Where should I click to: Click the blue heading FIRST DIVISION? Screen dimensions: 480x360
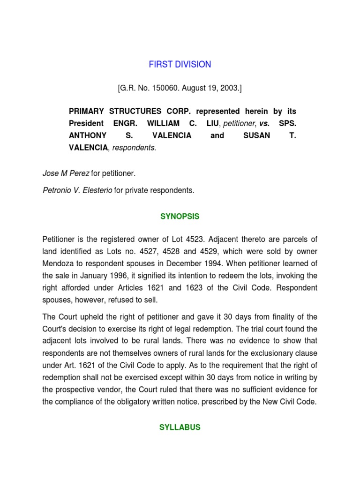pyautogui.click(x=180, y=65)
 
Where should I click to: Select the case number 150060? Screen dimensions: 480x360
pyautogui.click(x=160, y=88)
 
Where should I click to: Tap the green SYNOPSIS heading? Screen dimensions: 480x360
pyautogui.click(x=180, y=217)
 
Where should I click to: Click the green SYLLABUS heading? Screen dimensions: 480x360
pyautogui.click(x=180, y=427)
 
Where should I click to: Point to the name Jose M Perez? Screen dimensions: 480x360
pyautogui.click(x=66, y=173)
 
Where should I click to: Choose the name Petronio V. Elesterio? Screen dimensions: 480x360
pyautogui.click(x=77, y=190)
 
